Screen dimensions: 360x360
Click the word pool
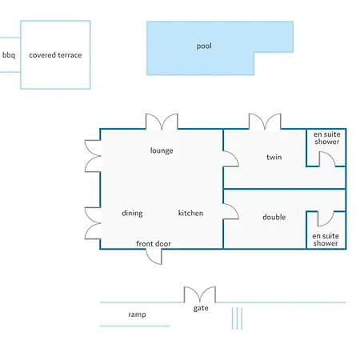(x=204, y=46)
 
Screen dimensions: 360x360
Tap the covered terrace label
(x=55, y=55)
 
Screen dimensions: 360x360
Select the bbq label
(x=9, y=55)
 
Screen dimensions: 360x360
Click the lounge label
(x=162, y=150)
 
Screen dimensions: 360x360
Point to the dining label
(x=132, y=213)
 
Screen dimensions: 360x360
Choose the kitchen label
(x=190, y=213)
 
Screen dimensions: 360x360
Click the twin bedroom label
(x=274, y=157)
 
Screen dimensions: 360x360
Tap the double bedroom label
(x=274, y=217)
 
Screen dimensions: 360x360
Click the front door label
(x=154, y=244)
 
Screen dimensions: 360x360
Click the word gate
(x=201, y=308)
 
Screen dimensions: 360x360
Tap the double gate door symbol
(x=200, y=294)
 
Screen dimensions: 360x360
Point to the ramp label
(x=137, y=314)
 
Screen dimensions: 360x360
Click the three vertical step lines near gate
(x=237, y=318)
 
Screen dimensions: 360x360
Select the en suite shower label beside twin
(x=327, y=138)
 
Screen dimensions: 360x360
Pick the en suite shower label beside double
(x=326, y=239)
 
